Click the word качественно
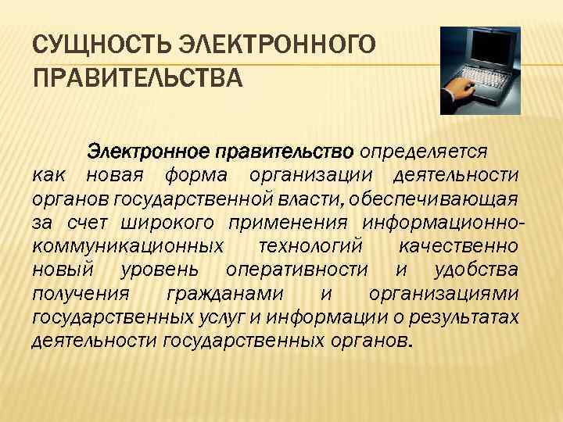pyautogui.click(x=457, y=247)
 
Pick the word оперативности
pyautogui.click(x=296, y=270)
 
